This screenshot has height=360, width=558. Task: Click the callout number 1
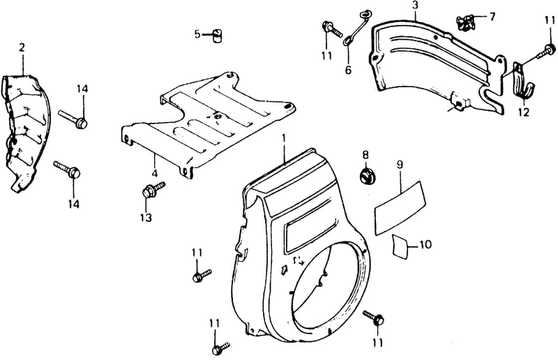tap(284, 138)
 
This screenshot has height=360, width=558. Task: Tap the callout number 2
tap(22, 47)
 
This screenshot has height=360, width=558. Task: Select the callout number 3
tap(415, 6)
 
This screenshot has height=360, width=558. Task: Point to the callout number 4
tap(154, 174)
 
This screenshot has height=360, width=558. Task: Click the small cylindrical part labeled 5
tap(216, 36)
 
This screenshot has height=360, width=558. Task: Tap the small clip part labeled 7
tap(465, 22)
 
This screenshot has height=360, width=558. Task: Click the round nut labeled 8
tap(365, 177)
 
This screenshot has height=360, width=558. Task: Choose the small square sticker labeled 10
tap(400, 246)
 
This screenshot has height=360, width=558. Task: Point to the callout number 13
tap(146, 217)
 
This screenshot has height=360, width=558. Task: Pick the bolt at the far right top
tap(545, 52)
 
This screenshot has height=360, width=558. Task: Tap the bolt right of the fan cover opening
tap(373, 317)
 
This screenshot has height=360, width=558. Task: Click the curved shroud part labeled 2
tap(26, 133)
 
